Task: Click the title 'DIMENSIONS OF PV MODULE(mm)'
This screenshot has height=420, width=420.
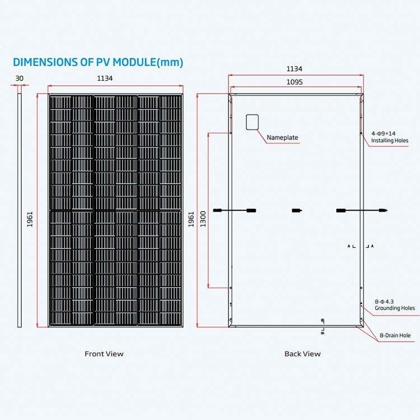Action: click(x=98, y=62)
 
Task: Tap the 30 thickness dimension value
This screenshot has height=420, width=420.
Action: click(x=20, y=79)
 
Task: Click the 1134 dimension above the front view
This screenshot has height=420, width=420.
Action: click(x=105, y=79)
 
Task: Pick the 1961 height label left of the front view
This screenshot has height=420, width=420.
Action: click(x=30, y=220)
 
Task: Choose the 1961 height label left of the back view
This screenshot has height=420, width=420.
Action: click(x=191, y=220)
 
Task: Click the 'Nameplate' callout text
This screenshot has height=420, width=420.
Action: click(x=282, y=137)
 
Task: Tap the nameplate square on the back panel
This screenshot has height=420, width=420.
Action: click(x=251, y=122)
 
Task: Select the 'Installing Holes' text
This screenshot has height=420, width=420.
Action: click(x=390, y=141)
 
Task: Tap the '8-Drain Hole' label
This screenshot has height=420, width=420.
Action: click(x=395, y=335)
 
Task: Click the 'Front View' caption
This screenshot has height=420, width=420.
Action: click(x=104, y=354)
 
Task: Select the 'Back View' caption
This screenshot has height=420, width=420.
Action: click(x=302, y=354)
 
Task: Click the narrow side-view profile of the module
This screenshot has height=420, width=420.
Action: click(x=20, y=210)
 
